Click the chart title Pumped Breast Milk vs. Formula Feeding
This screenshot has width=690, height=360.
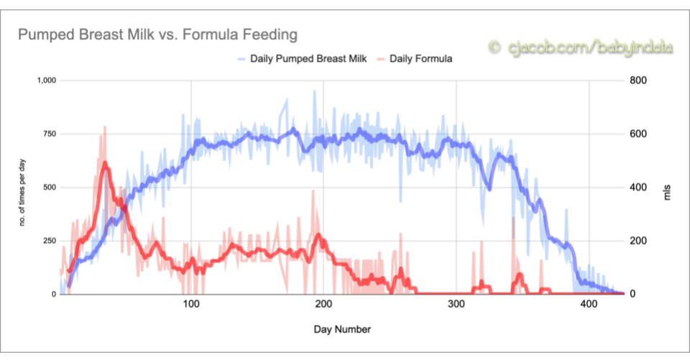[x=157, y=34]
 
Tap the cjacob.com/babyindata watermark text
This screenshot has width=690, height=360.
[x=582, y=47]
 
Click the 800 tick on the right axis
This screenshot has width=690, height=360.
[x=639, y=80]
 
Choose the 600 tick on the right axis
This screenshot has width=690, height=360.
[x=639, y=134]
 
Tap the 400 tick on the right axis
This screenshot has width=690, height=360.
[x=639, y=188]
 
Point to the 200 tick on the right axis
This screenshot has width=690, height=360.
[x=639, y=241]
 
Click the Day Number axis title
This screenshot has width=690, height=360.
[x=342, y=330]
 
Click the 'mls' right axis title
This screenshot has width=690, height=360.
[x=666, y=188]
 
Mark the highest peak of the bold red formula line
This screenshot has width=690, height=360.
[x=105, y=163]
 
